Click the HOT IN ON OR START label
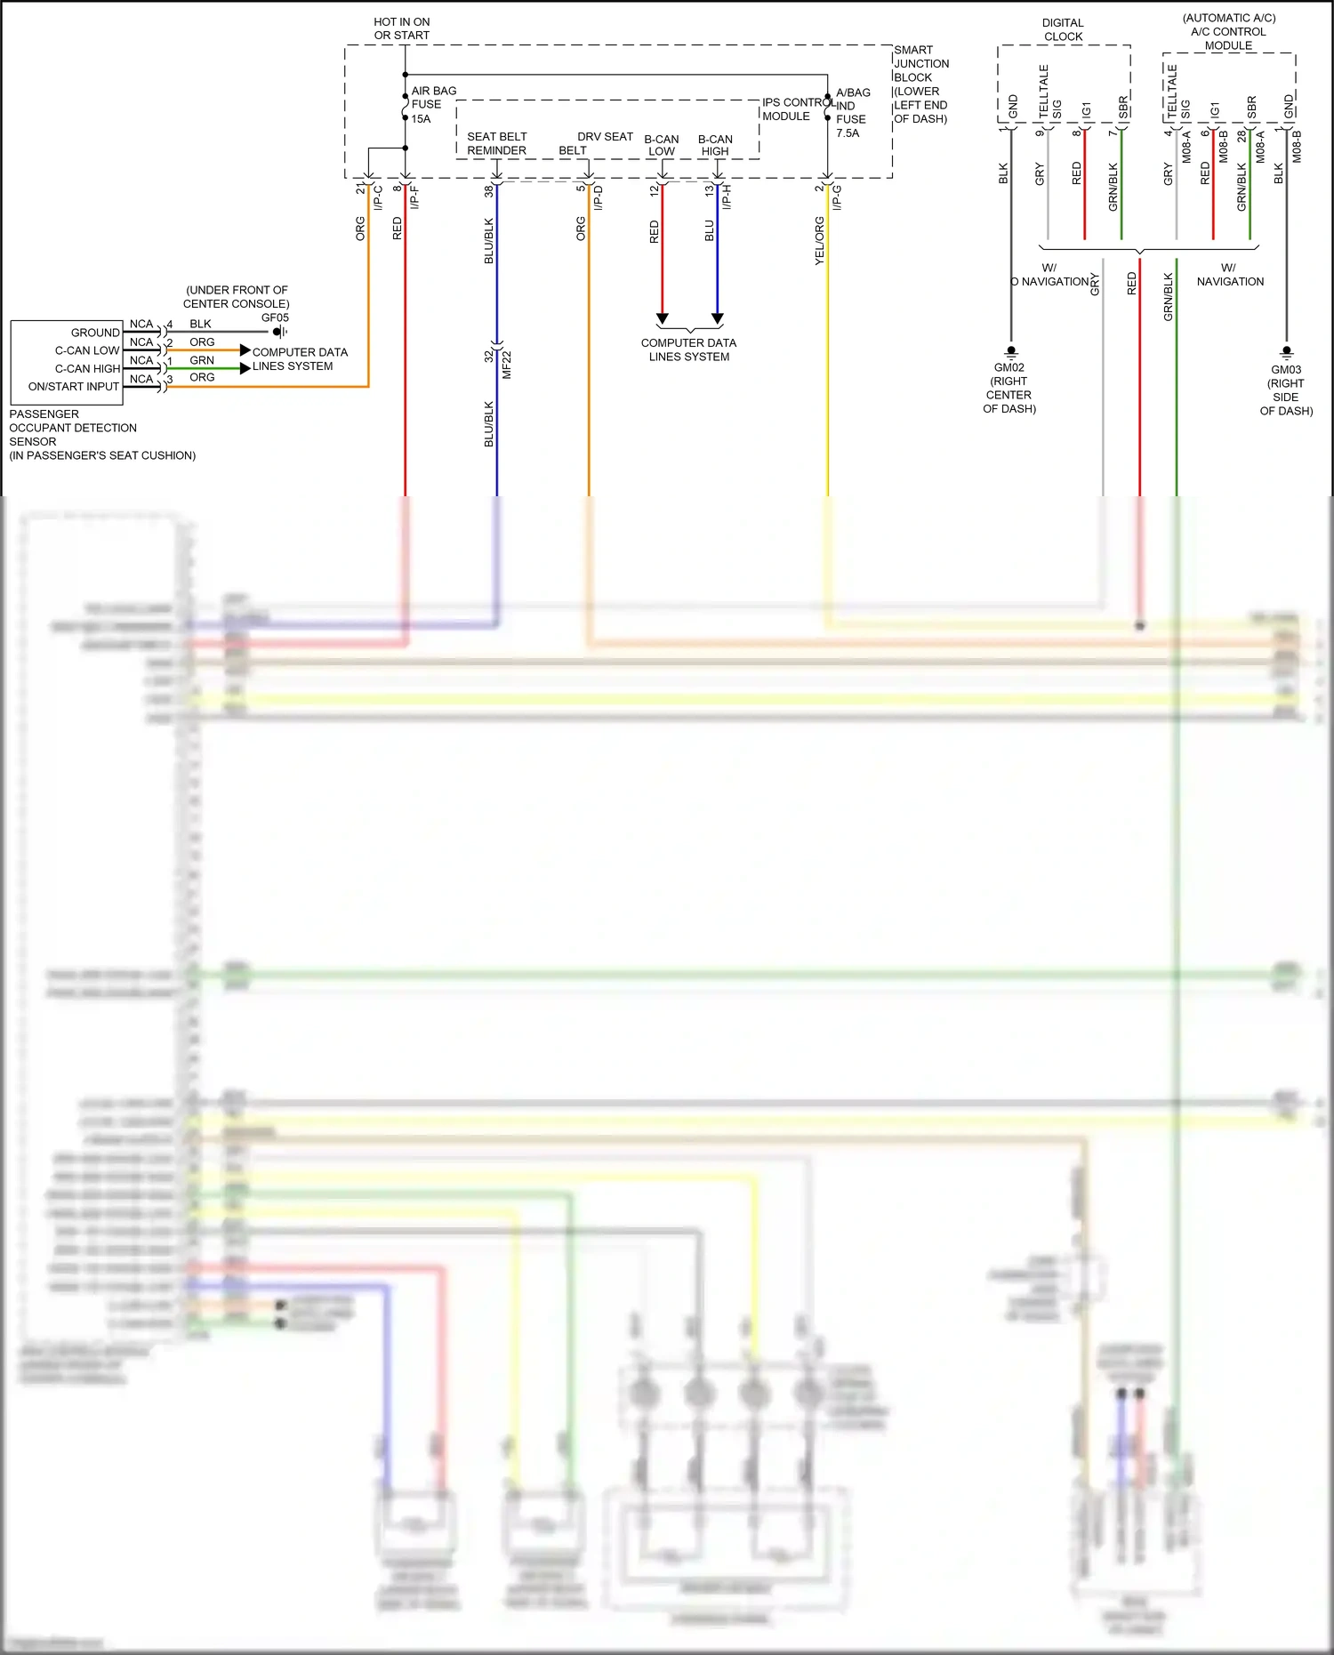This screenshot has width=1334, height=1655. [x=401, y=28]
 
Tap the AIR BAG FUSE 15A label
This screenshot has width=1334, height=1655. [x=433, y=104]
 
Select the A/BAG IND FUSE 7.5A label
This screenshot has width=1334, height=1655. [x=852, y=112]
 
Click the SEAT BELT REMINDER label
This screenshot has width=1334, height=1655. [x=496, y=143]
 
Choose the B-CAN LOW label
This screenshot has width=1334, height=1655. [x=661, y=145]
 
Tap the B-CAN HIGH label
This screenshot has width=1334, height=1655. [x=715, y=145]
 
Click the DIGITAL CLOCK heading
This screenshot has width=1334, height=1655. [x=1063, y=29]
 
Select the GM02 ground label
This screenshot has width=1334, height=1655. [x=1009, y=367]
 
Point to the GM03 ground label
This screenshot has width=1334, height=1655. [x=1286, y=369]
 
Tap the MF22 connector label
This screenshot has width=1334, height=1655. [x=507, y=366]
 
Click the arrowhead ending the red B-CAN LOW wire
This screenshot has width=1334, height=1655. [x=662, y=318]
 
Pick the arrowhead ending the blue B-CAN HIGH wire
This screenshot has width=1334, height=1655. [x=718, y=318]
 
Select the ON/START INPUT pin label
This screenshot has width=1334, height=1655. [x=74, y=387]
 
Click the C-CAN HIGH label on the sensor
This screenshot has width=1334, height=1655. [x=87, y=368]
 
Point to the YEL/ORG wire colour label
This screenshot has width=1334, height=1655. [x=819, y=241]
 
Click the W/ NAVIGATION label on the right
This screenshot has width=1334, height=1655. [x=1230, y=275]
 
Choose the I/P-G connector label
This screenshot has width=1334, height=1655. [x=837, y=197]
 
